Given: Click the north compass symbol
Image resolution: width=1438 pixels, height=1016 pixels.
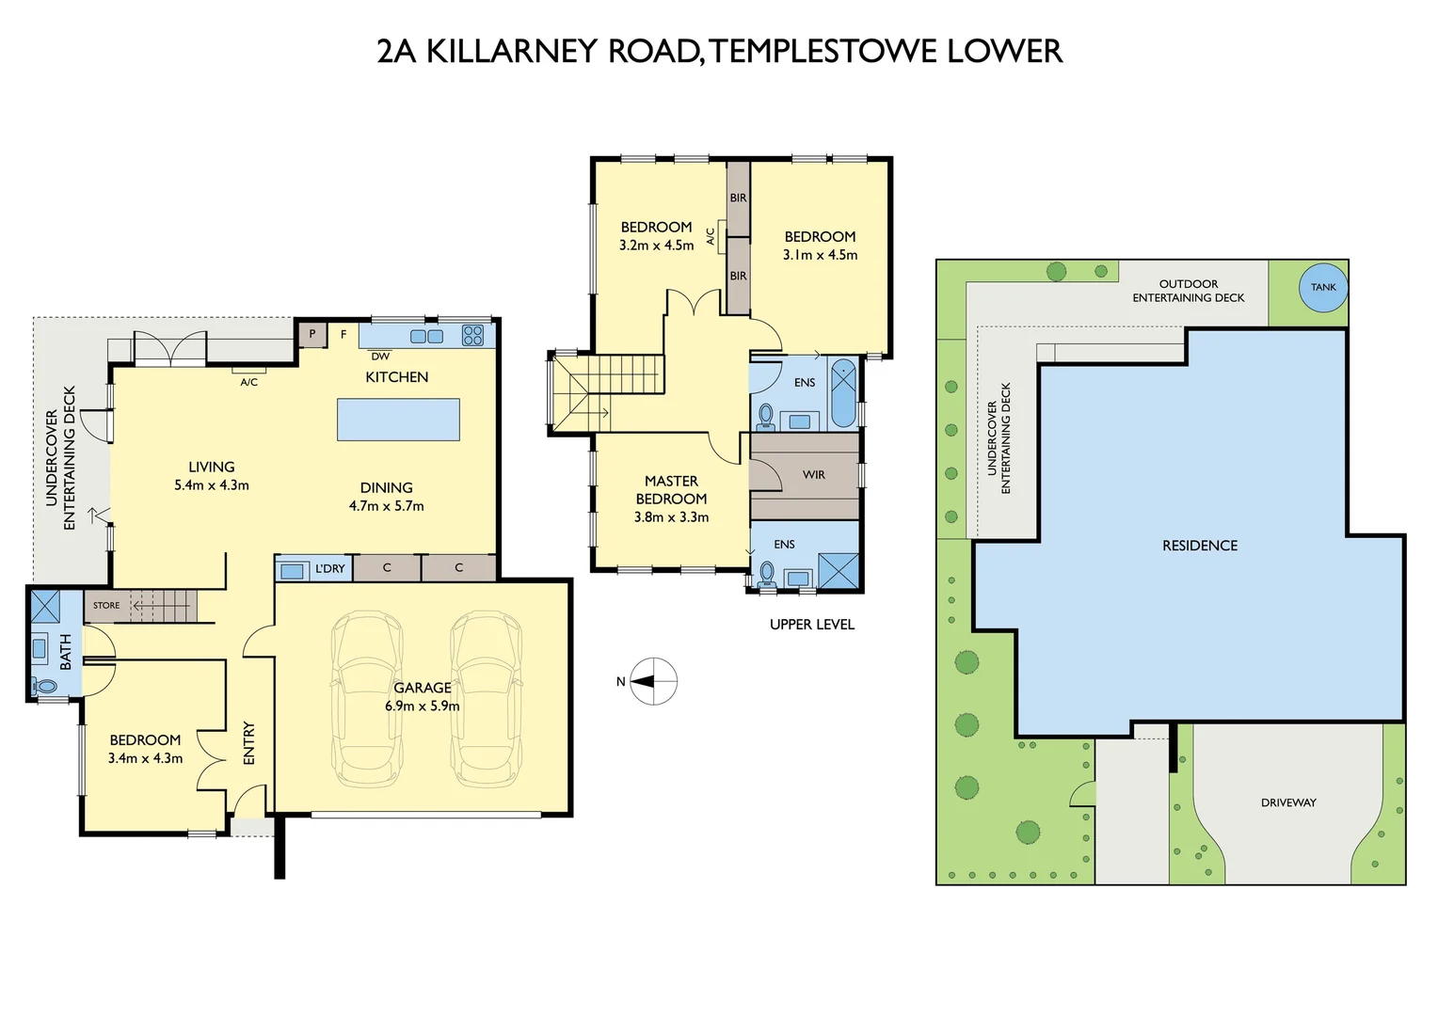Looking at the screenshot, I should click(653, 681).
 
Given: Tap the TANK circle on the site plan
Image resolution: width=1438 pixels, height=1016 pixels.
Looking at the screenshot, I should click(1323, 287).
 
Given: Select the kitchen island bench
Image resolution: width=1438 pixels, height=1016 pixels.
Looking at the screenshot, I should click(398, 420).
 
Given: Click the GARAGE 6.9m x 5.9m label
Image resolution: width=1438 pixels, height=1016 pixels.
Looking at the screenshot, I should click(423, 697).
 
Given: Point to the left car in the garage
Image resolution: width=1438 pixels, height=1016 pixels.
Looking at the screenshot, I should click(366, 700).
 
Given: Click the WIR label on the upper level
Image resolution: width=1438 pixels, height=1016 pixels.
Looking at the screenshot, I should click(814, 475).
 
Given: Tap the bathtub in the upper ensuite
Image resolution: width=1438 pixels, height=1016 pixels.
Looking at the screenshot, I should click(843, 393).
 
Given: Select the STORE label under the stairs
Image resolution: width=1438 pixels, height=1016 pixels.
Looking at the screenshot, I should click(106, 606).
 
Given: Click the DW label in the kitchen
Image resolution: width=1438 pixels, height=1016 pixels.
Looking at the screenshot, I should click(380, 357).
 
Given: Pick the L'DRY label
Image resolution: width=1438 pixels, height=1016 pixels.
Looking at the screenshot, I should click(329, 569).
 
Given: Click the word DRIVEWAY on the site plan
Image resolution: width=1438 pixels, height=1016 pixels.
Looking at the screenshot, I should click(1288, 802).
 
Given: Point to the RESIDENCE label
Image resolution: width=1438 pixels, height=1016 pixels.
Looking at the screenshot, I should click(1200, 546).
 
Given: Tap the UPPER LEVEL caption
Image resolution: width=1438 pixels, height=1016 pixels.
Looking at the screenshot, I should click(812, 625).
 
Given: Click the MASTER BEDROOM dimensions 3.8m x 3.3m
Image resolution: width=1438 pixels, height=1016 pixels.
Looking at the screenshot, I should click(671, 517).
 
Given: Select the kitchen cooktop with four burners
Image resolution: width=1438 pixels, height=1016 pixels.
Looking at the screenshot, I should click(472, 335).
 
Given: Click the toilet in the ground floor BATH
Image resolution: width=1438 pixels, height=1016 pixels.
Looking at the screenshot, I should click(43, 687).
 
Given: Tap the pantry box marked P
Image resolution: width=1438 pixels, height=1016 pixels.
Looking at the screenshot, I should click(312, 334).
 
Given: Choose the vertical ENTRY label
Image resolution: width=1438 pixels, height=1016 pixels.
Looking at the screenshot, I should click(249, 743).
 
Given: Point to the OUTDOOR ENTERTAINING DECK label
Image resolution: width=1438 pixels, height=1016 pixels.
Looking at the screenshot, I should click(1188, 291).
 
